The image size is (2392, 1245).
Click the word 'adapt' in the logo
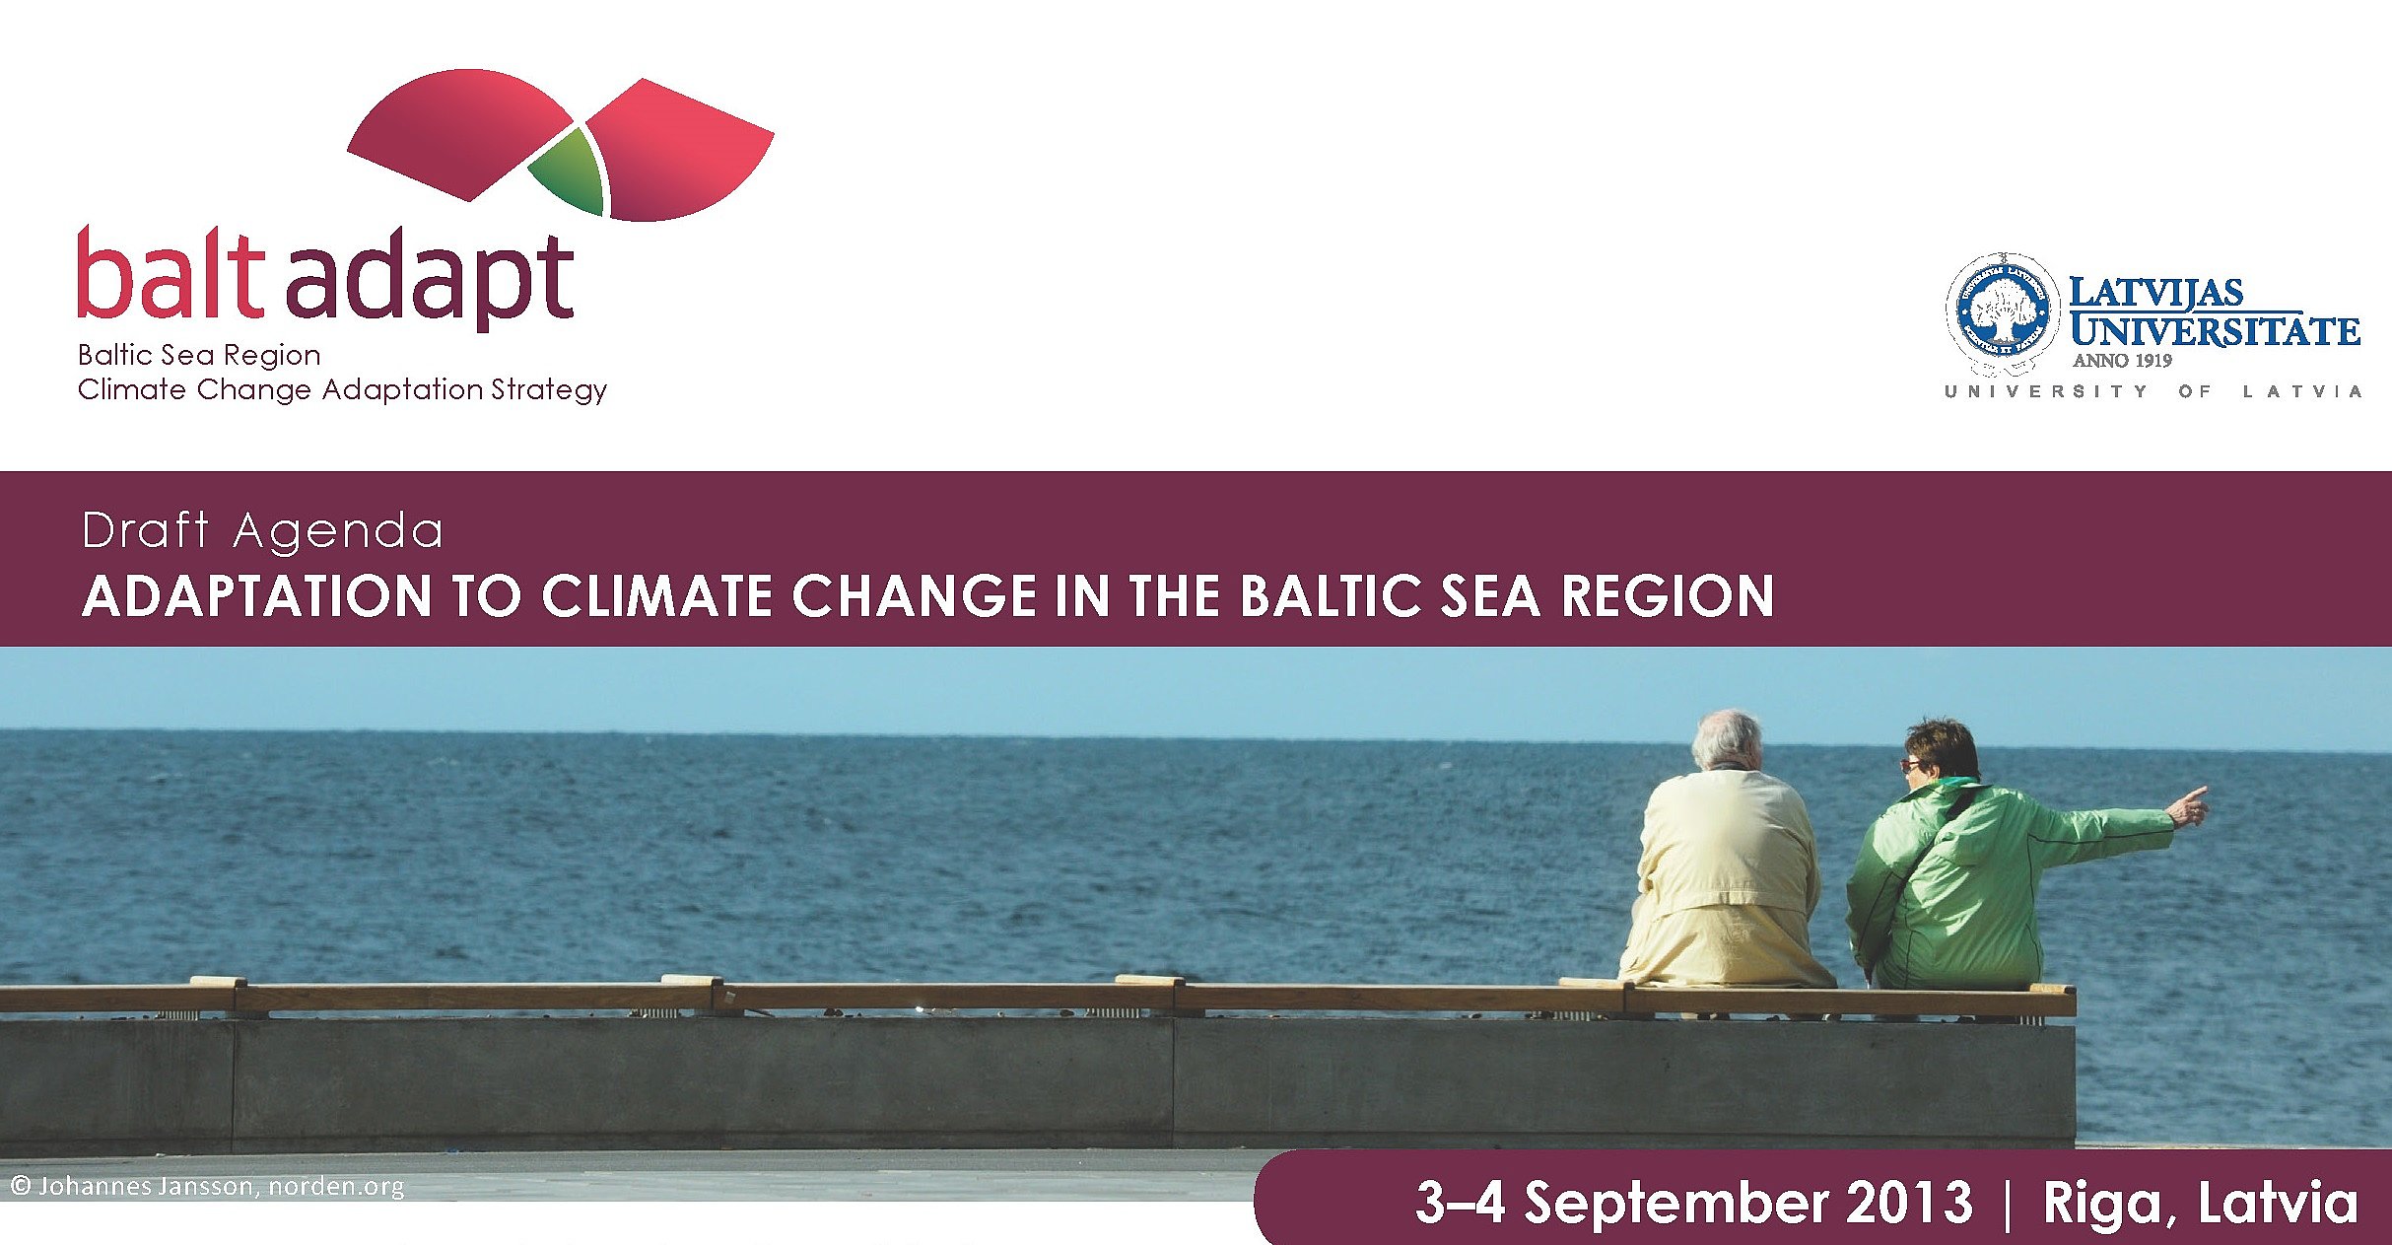[x=430, y=278]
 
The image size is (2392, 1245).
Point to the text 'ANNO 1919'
[x=2122, y=361]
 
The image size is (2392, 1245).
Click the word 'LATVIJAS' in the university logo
[x=2155, y=292]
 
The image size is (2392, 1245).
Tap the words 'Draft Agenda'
[x=262, y=531]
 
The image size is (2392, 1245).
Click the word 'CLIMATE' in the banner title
[x=656, y=596]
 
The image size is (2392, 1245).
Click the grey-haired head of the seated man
[x=1727, y=739]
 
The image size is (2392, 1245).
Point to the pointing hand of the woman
[x=2188, y=807]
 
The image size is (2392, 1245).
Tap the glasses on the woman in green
[x=1910, y=765]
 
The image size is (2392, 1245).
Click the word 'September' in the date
[x=1675, y=1205]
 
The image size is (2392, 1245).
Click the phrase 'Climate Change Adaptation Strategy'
[x=342, y=391]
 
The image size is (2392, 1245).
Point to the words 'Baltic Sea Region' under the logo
[x=199, y=355]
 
